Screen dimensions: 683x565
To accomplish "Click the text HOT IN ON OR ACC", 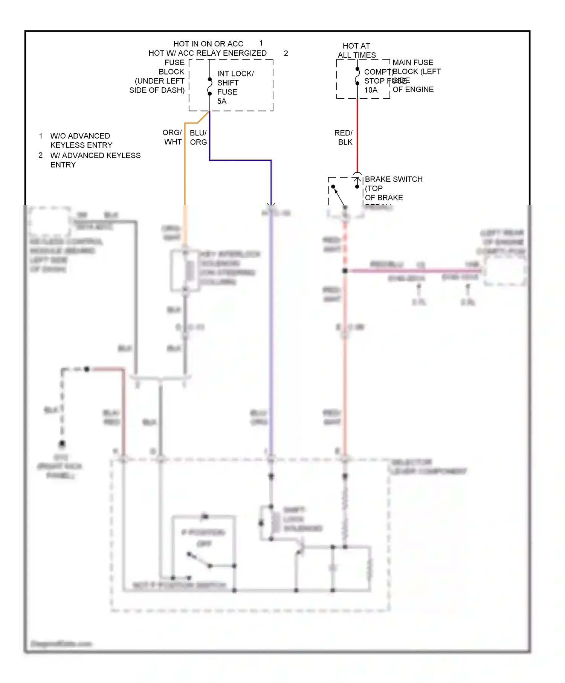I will (x=208, y=44).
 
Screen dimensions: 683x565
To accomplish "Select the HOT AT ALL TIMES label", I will (x=356, y=50).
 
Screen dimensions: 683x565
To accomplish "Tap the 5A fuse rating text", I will (x=222, y=101).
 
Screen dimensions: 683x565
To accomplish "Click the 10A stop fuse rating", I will (x=371, y=90).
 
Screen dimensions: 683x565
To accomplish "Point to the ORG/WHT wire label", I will (x=173, y=137).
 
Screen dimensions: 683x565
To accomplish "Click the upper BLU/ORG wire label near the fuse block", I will (x=199, y=137).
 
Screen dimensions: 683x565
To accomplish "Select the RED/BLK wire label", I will (x=344, y=137).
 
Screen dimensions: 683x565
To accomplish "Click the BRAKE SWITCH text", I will (x=394, y=179).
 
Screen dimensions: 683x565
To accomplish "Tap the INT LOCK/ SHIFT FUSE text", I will (x=235, y=83).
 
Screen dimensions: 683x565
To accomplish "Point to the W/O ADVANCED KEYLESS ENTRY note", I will (x=81, y=140).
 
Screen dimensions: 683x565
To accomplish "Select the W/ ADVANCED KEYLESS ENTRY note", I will (x=95, y=160).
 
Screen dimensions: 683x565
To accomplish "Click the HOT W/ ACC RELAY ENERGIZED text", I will (x=208, y=53).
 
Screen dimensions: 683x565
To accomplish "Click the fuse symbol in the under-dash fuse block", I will (x=210, y=86).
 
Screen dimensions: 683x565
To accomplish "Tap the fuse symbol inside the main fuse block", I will (x=357, y=76).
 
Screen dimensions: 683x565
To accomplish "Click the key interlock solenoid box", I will (x=185, y=270).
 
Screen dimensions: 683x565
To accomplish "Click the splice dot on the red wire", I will (x=345, y=271).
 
